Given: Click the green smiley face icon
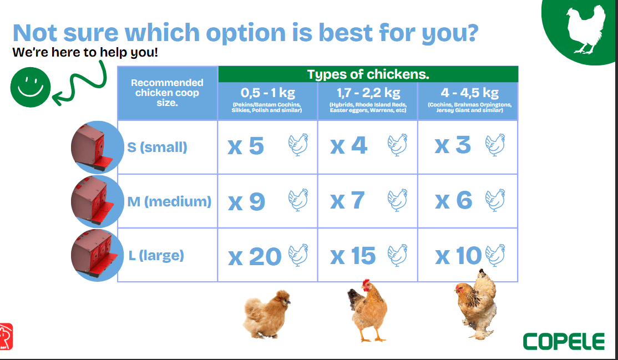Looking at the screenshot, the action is [31, 87].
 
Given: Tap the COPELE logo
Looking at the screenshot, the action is [564, 342].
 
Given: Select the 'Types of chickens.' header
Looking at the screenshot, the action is [368, 74].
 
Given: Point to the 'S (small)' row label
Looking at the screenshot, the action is [157, 148].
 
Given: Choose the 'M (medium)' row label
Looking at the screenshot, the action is [169, 201].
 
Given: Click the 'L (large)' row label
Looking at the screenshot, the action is [156, 256].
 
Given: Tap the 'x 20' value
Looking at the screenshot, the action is [255, 257].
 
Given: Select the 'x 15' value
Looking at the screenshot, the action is [353, 256].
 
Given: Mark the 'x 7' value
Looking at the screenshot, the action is [347, 201].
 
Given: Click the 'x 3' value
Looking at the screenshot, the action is [453, 145].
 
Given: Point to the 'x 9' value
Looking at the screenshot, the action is [246, 201].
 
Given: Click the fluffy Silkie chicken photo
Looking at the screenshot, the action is [267, 315].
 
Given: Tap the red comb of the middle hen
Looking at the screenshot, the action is [366, 282].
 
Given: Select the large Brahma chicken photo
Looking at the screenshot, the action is [476, 304].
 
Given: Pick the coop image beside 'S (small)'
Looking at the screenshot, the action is [97, 147].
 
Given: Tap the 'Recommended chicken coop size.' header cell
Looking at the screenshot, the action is [168, 93].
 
